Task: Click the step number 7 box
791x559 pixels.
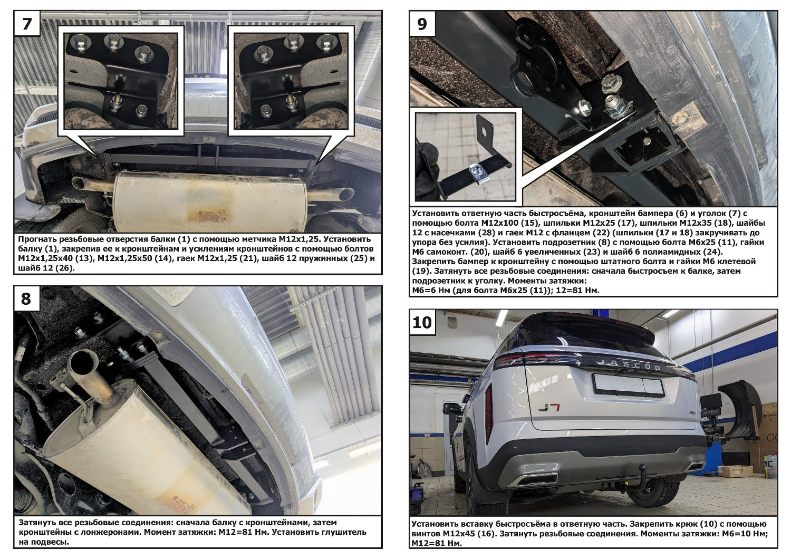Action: pos(27,23)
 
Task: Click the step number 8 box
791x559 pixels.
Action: pos(26,298)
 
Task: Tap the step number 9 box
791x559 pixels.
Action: pos(422,23)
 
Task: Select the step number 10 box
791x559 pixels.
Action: pos(422,322)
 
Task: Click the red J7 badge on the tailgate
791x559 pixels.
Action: pos(549,408)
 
